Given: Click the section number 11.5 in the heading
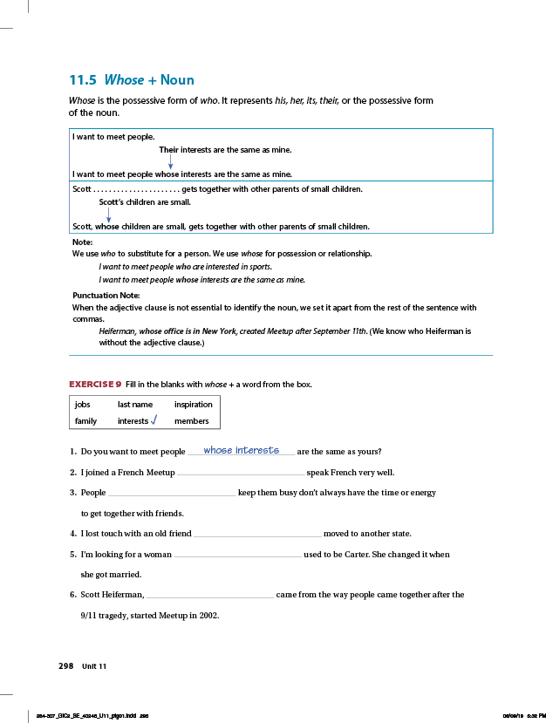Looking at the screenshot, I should pyautogui.click(x=83, y=80).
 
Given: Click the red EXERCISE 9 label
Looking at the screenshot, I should pyautogui.click(x=95, y=385).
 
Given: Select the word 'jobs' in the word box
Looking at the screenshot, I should pyautogui.click(x=83, y=405).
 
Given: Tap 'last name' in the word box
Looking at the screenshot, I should pyautogui.click(x=135, y=405).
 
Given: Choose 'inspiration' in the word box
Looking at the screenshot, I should pyautogui.click(x=193, y=405).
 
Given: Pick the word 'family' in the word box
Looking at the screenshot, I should pyautogui.click(x=85, y=421).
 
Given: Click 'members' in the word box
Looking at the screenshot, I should pyautogui.click(x=192, y=421).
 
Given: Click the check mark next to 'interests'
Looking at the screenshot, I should pyautogui.click(x=154, y=420).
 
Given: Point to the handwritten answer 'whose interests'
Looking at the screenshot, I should pyautogui.click(x=241, y=450).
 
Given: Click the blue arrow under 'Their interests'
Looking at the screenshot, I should pyautogui.click(x=171, y=161).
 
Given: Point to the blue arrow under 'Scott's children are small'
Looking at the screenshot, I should pyautogui.click(x=108, y=215).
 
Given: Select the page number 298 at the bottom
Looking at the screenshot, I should pyautogui.click(x=65, y=665).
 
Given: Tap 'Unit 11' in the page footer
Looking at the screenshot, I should pyautogui.click(x=94, y=666).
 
